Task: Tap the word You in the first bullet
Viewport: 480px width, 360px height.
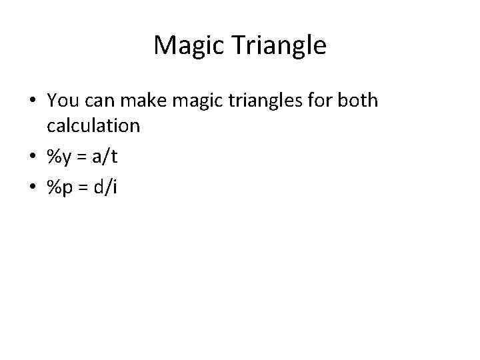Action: (x=63, y=101)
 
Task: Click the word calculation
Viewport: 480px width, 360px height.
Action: (x=93, y=125)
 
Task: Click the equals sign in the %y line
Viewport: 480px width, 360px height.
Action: (x=81, y=157)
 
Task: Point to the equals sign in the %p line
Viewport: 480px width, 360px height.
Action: (x=81, y=188)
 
